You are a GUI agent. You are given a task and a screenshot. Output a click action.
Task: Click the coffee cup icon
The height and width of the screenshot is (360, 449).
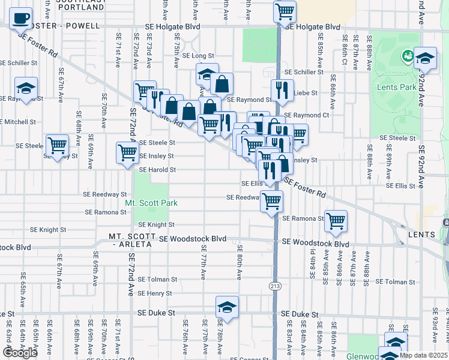pyautogui.click(x=22, y=18)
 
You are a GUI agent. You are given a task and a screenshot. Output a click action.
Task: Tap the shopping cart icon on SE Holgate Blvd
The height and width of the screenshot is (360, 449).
pyautogui.click(x=285, y=11)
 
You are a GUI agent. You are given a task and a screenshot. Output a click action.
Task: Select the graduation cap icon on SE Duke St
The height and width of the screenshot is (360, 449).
pyautogui.click(x=226, y=307)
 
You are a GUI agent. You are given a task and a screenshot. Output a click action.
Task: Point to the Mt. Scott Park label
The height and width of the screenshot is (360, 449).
pyautogui.click(x=151, y=203)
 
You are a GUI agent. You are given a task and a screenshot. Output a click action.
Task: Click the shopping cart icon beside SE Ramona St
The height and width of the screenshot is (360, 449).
pyautogui.click(x=336, y=220)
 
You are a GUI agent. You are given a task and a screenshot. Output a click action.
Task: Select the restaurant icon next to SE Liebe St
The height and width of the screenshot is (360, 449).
pyautogui.click(x=282, y=90)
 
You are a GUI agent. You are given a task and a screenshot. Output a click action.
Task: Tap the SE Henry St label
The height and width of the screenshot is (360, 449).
pyautogui.click(x=155, y=293)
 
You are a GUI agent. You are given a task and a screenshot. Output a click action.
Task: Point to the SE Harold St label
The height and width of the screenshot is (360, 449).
pyautogui.click(x=157, y=170)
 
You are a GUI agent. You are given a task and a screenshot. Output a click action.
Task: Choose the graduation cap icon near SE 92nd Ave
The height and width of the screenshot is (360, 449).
pyautogui.click(x=425, y=58)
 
